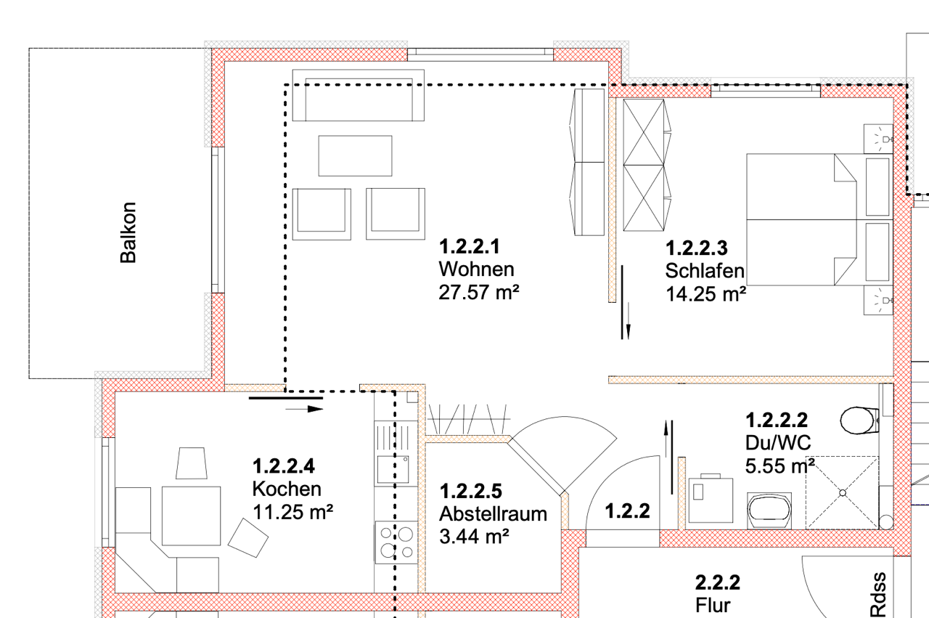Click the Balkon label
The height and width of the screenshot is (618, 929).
coord(128,232)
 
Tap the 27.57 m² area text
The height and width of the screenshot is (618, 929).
coord(479,292)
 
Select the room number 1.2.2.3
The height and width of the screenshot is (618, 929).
coord(697,248)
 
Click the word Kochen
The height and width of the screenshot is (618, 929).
coord(287,489)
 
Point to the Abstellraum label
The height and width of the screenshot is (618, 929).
coord(493,514)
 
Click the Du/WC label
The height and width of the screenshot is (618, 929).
coord(778,443)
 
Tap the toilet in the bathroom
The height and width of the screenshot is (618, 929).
coord(860,420)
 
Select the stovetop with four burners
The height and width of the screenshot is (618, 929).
coord(396,542)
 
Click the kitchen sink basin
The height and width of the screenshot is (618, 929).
coord(393,469)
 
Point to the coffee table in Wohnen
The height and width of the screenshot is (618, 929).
coord(355,155)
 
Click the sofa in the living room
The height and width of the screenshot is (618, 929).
coord(359,95)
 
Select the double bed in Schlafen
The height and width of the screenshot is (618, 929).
coord(819,219)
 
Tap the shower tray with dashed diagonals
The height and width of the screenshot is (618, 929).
coord(843,493)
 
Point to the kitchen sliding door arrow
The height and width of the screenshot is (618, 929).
coord(304,410)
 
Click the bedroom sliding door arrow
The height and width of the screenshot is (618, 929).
coord(629,321)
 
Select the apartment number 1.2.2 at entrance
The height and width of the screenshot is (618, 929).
coord(628,511)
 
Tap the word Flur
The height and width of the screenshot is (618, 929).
coord(713,605)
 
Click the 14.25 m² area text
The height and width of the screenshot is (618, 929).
coord(706,294)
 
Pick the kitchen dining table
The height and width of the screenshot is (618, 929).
coord(191,516)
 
